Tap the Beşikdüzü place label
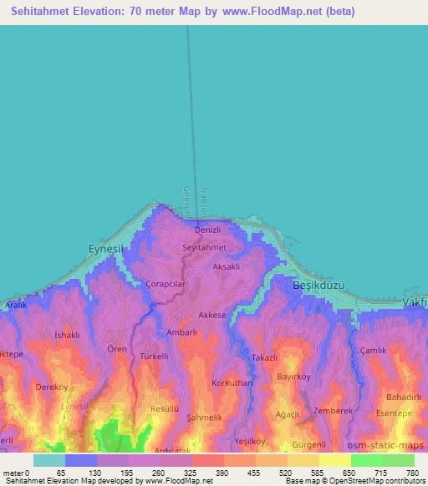(318, 286)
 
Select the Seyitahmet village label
(204, 248)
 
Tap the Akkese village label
(213, 315)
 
